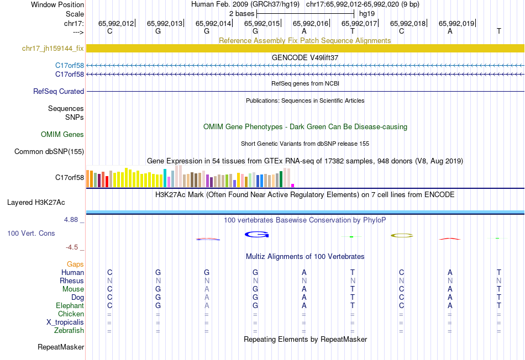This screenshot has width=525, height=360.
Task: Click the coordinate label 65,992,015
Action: click(262, 23)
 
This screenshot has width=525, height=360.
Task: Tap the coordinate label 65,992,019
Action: click(456, 23)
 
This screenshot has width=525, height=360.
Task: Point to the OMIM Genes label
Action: click(62, 134)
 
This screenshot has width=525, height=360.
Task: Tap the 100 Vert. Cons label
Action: click(31, 234)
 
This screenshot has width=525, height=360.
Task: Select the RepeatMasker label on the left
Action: click(61, 347)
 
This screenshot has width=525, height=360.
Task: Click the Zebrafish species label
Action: click(70, 331)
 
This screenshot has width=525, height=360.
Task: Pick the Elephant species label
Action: click(70, 306)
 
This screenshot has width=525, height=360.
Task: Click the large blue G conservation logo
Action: click(256, 235)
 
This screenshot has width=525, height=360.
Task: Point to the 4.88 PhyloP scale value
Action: click(72, 220)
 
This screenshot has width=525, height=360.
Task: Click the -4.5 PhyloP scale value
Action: click(75, 247)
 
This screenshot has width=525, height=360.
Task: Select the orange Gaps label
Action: click(75, 264)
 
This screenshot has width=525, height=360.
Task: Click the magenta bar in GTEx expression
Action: click(292, 186)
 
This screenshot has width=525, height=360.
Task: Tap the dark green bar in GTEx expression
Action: click(281, 179)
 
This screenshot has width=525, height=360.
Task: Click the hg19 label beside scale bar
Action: click(366, 13)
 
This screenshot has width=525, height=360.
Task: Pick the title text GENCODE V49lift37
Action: click(305, 57)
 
